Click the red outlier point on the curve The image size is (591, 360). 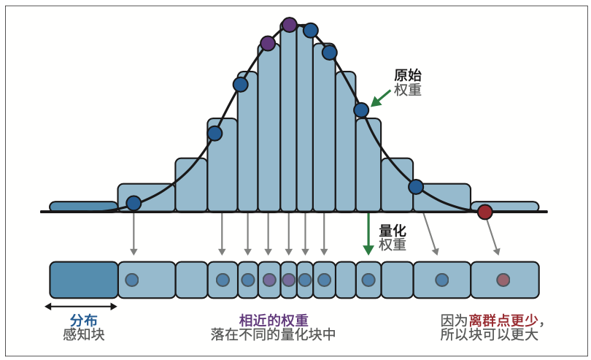[x=484, y=212]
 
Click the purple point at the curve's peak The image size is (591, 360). [x=289, y=25]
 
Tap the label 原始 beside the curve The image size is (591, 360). [x=407, y=75]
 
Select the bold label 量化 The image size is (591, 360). [x=393, y=231]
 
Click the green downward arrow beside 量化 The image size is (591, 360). [x=368, y=234]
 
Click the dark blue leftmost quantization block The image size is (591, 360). [x=84, y=280]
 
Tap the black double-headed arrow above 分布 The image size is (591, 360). [x=80, y=306]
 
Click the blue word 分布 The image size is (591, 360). [x=83, y=321]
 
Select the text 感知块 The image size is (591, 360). [x=83, y=335]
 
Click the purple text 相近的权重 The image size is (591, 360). [x=274, y=321]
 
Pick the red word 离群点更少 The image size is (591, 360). [x=503, y=321]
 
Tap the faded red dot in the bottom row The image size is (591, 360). [x=503, y=280]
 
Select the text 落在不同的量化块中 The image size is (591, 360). [x=274, y=335]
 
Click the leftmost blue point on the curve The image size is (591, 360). [x=134, y=203]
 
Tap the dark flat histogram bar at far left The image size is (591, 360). [x=83, y=206]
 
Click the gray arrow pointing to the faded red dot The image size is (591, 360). [x=492, y=237]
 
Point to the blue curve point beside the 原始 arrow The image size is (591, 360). [x=361, y=110]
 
